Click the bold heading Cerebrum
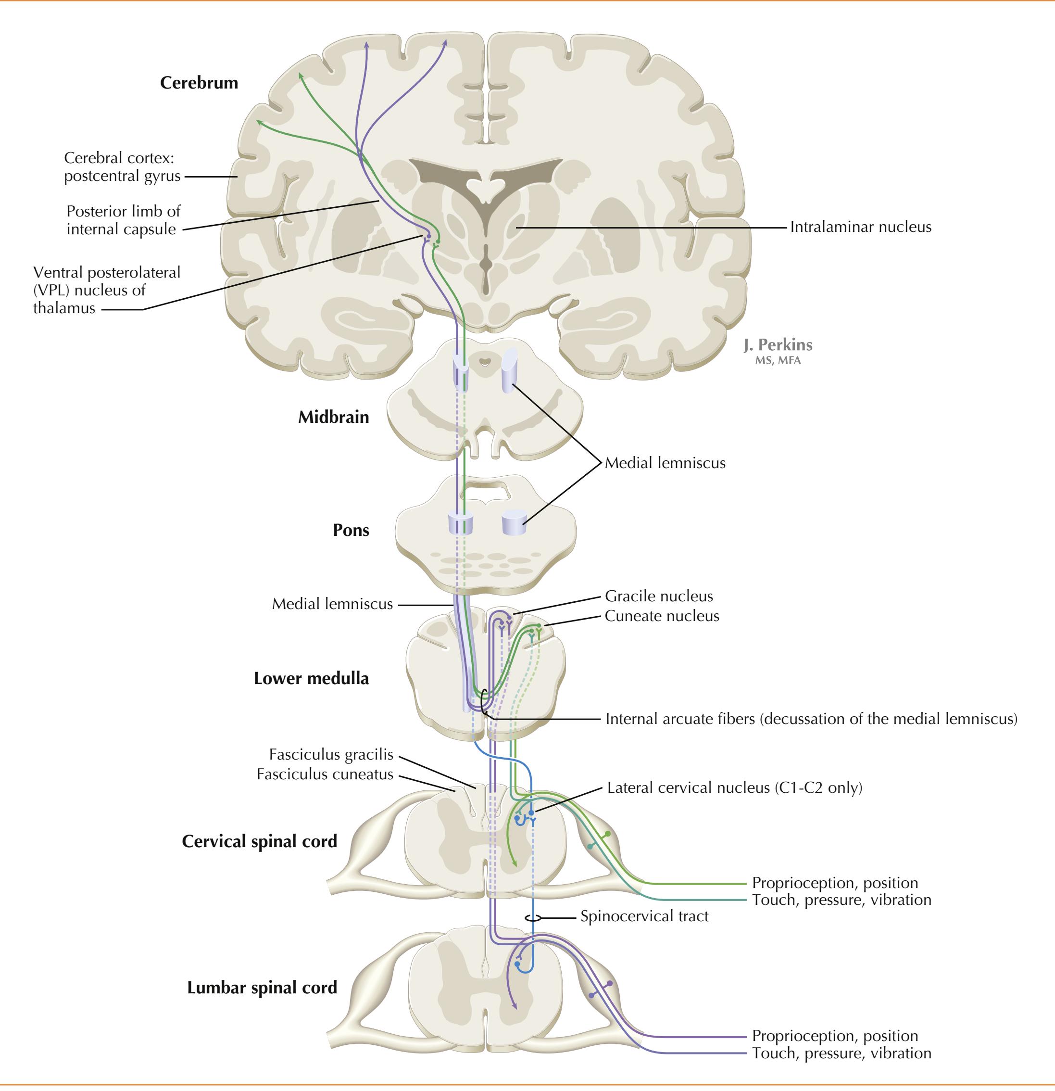click(x=199, y=83)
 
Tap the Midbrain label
click(x=333, y=417)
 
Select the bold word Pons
click(x=351, y=530)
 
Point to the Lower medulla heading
click(x=311, y=679)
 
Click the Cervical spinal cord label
click(x=259, y=841)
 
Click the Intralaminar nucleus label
click(x=860, y=227)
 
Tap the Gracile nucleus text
click(x=659, y=596)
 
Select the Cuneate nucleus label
click(x=662, y=616)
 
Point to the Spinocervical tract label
click(x=644, y=916)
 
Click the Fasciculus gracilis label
click(x=331, y=755)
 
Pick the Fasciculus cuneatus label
click(x=325, y=774)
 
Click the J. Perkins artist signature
click(x=778, y=346)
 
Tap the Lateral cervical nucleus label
click(x=734, y=787)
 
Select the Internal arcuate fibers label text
click(x=811, y=719)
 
